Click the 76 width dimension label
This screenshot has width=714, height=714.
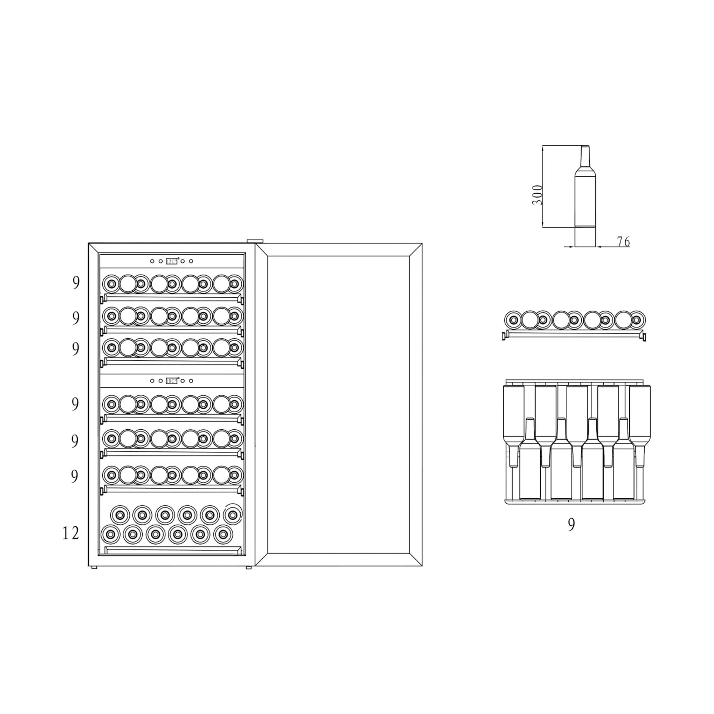click(x=623, y=242)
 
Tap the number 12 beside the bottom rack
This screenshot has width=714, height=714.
click(x=71, y=533)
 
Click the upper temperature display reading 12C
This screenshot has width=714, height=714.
click(x=171, y=261)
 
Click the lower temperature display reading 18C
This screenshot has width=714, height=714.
click(x=171, y=381)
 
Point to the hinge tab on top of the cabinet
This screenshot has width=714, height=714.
click(x=254, y=241)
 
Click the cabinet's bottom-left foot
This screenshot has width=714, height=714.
click(x=94, y=567)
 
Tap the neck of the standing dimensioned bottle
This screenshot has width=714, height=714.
click(x=585, y=157)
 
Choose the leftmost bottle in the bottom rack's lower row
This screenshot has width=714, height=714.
click(x=110, y=534)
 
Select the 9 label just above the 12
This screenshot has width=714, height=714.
click(x=75, y=476)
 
